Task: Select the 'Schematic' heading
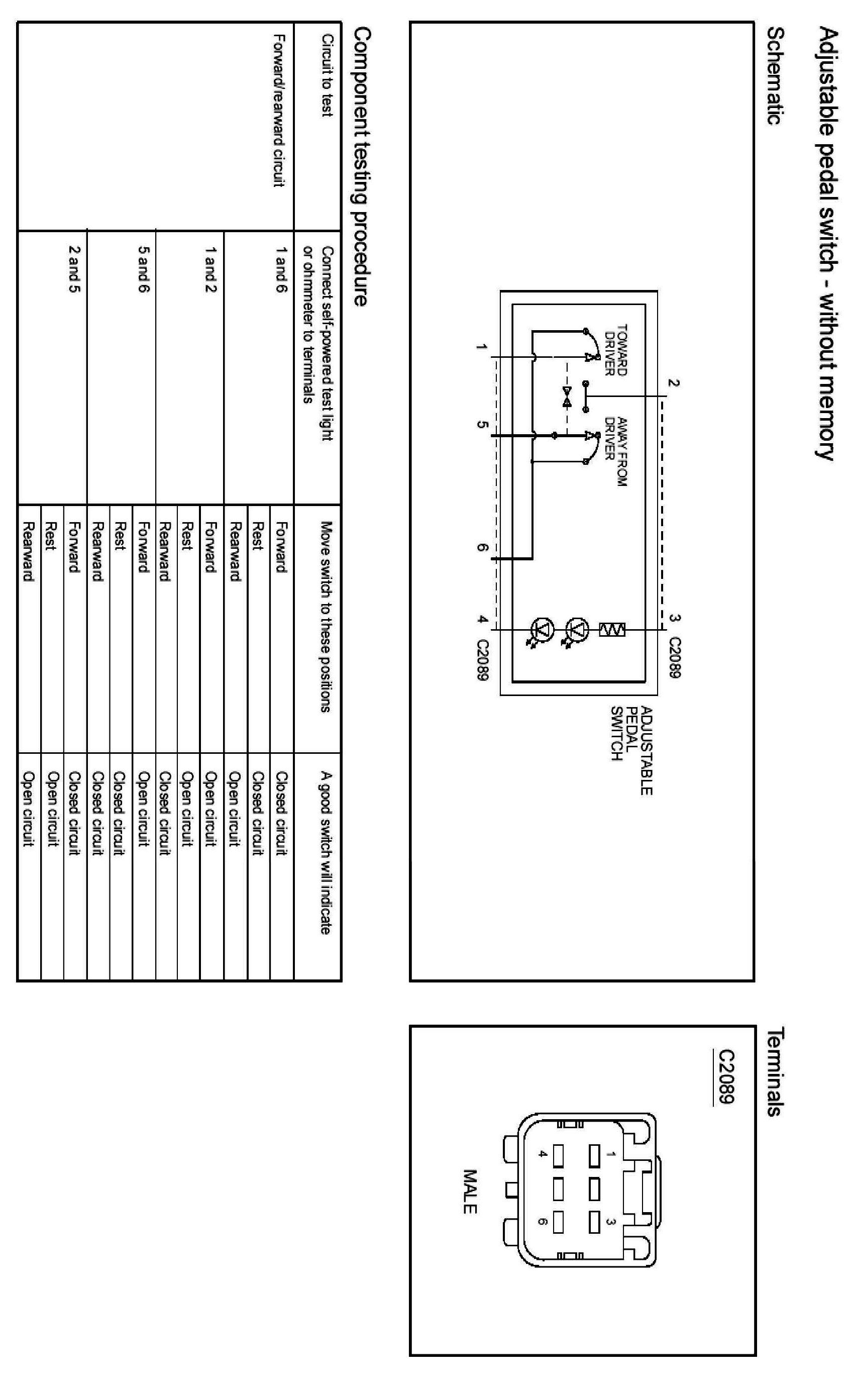click(777, 76)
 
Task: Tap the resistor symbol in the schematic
click(612, 630)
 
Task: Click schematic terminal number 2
click(673, 383)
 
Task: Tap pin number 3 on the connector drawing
click(610, 1222)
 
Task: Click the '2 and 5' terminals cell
click(74, 269)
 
